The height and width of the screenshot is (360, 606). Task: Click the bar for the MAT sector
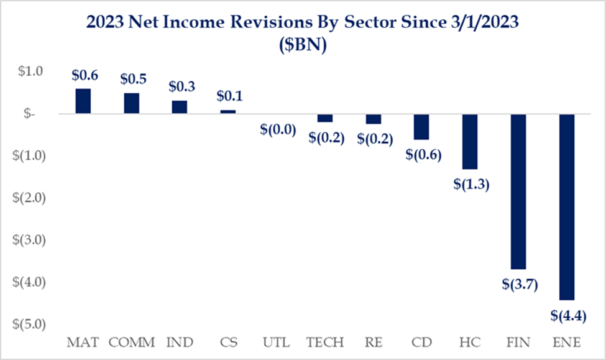click(83, 101)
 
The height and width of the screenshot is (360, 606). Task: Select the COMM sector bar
click(131, 103)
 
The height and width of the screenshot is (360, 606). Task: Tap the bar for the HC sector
click(470, 142)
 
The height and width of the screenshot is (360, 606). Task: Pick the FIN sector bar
click(518, 192)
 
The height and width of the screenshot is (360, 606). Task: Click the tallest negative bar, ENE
click(567, 207)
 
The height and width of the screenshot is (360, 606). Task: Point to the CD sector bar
click(421, 127)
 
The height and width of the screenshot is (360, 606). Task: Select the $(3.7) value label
click(520, 285)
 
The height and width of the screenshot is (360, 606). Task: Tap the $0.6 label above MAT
click(85, 75)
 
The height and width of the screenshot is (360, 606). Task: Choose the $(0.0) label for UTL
click(278, 129)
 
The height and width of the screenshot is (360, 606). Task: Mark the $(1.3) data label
click(472, 185)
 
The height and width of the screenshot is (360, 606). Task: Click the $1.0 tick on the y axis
click(30, 71)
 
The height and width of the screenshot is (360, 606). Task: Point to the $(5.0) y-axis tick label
click(29, 324)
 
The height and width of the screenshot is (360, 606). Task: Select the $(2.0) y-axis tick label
click(29, 198)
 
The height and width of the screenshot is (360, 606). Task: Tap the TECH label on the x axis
click(325, 343)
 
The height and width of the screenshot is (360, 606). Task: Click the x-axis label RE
click(374, 343)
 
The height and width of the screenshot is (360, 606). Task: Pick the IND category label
click(180, 343)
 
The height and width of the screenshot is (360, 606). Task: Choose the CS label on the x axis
click(228, 343)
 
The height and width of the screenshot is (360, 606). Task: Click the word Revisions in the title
click(272, 22)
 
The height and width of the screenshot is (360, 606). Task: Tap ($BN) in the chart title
click(303, 45)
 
